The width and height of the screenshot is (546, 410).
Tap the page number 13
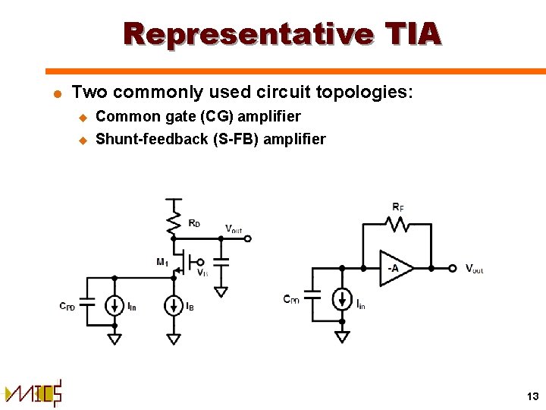pos(531,396)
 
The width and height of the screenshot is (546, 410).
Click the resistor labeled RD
pos(175,221)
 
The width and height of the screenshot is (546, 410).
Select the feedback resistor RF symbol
pos(397,223)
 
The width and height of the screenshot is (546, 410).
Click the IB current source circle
pos(175,305)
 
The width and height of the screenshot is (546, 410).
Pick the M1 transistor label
pos(162,262)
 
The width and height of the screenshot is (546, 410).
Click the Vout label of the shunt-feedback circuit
pos(474,269)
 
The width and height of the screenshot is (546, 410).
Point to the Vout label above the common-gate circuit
pos(234,228)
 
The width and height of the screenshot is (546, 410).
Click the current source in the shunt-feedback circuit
pos(342,298)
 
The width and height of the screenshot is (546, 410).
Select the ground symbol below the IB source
pos(175,337)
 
